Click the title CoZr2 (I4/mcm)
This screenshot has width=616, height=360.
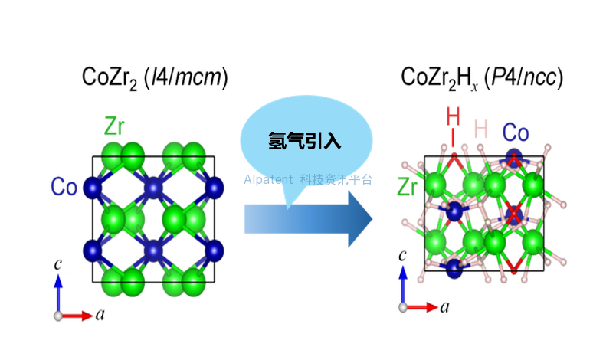tap(155, 77)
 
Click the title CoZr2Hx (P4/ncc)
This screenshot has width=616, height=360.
tap(482, 77)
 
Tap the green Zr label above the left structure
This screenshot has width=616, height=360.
tap(114, 126)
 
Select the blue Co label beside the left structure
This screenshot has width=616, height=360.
tap(64, 187)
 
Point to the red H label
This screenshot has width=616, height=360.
tap(453, 116)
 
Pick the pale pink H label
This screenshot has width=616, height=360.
tap(481, 129)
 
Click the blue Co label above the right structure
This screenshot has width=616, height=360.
tap(516, 133)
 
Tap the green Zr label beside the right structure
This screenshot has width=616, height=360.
tap(407, 187)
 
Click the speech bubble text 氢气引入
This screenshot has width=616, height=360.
tap(304, 140)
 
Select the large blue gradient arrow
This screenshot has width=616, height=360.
tap(309, 219)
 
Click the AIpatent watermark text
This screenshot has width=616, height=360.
tap(308, 180)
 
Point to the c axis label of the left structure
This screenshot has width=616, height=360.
tap(57, 263)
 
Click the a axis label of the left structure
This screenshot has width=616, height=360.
tap(100, 315)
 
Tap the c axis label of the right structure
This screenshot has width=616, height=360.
tap(402, 256)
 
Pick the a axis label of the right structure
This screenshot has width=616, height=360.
tap(444, 306)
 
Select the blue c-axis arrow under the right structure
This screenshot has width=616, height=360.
tap(403, 285)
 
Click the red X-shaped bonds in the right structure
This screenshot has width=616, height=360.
tap(514, 214)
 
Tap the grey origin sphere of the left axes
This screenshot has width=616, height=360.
tap(58, 316)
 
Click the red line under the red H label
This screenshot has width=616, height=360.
tap(453, 138)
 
